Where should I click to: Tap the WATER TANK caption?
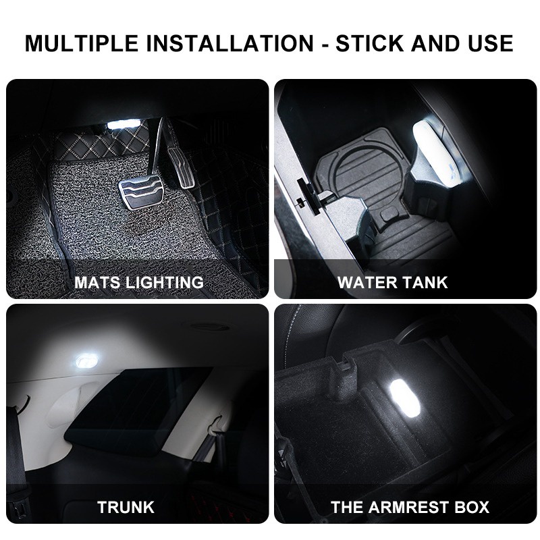(x=393, y=281)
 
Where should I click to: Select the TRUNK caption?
(x=126, y=506)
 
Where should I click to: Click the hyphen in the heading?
(x=324, y=43)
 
